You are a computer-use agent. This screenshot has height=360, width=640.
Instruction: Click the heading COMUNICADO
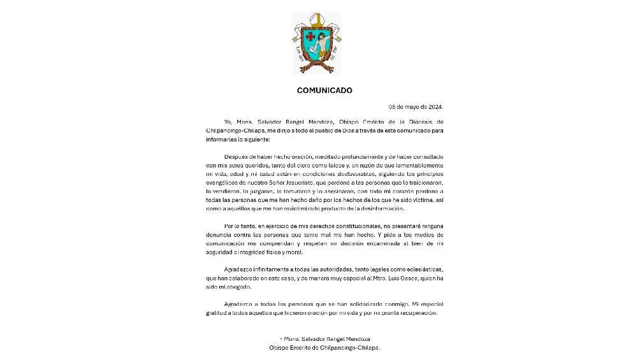(324, 90)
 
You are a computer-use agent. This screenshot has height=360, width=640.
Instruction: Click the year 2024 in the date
(432, 106)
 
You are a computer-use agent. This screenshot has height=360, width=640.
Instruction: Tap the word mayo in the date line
(409, 106)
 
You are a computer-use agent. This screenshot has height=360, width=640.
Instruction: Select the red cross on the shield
(310, 36)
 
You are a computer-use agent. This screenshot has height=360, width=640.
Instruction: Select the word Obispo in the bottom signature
(280, 348)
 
